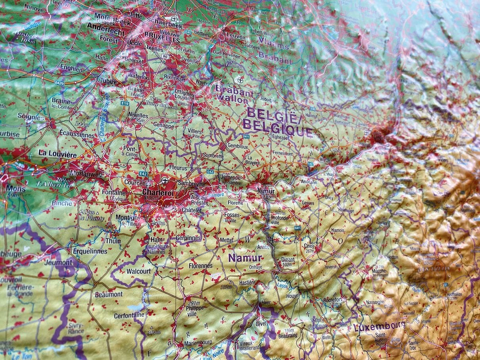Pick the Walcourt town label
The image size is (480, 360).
(138, 271)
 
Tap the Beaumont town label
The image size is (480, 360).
(109, 295)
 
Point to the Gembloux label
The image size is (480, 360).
(237, 146)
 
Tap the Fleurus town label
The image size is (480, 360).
(177, 168)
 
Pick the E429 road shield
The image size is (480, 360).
(60, 83)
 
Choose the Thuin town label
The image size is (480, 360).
(113, 241)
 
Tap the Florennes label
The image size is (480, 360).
(200, 266)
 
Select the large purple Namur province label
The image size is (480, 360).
(245, 258)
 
